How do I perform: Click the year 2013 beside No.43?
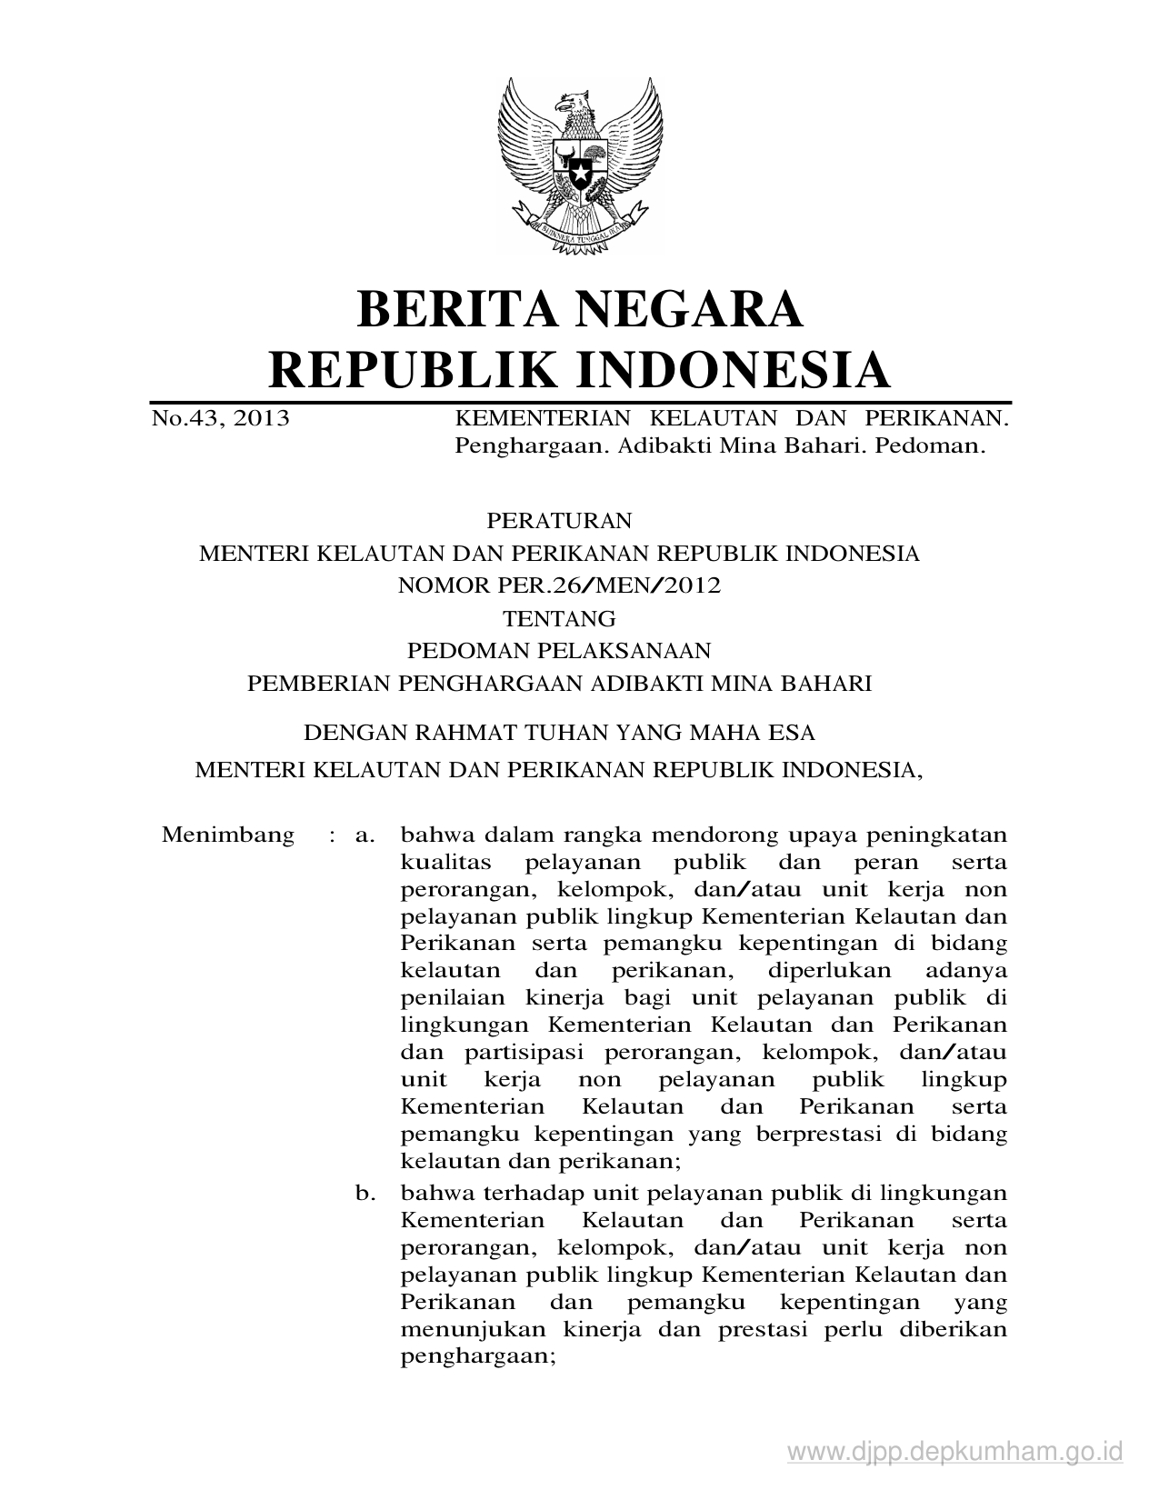[x=261, y=418]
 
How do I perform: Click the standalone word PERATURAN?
[x=559, y=521]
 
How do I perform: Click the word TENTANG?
[x=559, y=619]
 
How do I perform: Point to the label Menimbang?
[x=228, y=835]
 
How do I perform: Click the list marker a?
[x=365, y=835]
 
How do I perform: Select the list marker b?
[x=365, y=1192]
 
